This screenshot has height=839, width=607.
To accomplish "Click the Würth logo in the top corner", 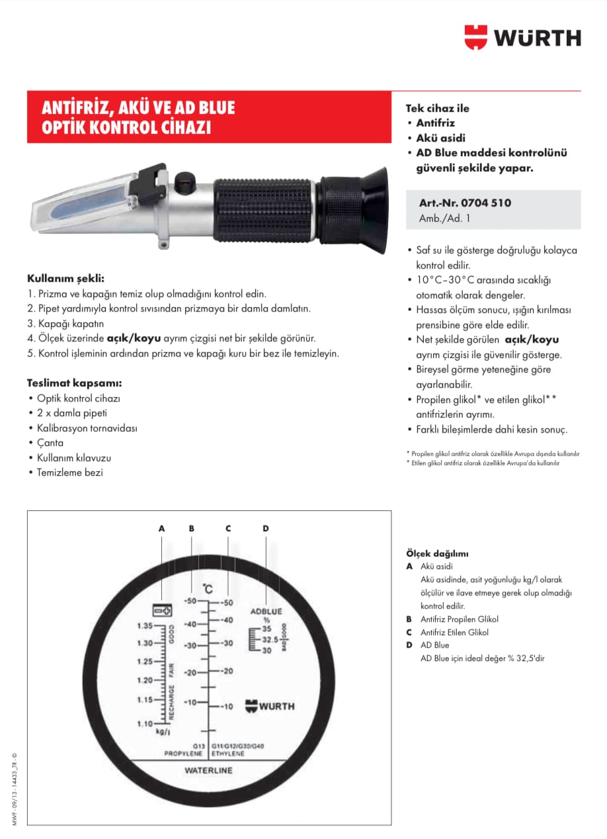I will pos(522,37).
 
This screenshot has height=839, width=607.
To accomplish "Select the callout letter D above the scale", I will pos(266,528).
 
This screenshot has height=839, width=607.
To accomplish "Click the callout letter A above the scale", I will pos(161,528).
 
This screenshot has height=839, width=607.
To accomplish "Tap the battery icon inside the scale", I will pos(162,610).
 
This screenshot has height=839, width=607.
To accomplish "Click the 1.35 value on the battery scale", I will pos(145,625).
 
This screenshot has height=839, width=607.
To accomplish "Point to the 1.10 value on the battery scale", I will pos(145,724).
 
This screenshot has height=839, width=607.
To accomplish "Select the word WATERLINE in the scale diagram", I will pos(208,771).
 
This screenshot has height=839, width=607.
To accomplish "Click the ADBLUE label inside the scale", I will pos(266,611).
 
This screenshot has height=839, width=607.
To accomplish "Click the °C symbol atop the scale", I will pos(208,588).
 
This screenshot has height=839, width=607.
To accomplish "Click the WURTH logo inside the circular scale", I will pos(270,706).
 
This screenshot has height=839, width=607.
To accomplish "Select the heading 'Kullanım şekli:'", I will pos(65,278).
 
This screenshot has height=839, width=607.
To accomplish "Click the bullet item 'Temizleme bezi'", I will pos(69,472).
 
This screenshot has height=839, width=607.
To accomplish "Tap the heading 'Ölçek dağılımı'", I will pos(437,554).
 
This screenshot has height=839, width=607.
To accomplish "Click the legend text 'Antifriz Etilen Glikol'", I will pos(454,632).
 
